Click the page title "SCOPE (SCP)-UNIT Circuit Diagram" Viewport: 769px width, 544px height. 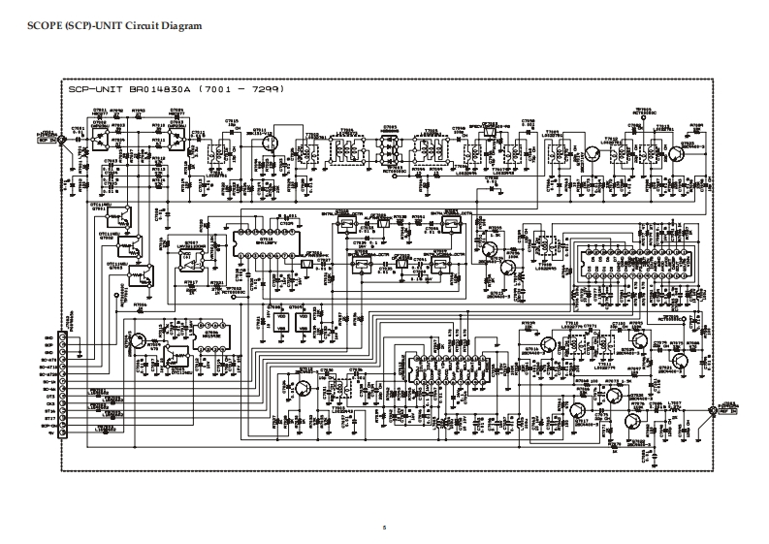(107, 26)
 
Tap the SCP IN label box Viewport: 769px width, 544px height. (47, 139)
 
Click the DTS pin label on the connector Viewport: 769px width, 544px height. (48, 396)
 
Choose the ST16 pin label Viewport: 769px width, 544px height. (48, 411)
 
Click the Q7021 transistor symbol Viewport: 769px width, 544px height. (588, 153)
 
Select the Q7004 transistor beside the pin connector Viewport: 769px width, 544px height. (141, 341)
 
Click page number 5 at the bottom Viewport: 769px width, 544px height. (385, 527)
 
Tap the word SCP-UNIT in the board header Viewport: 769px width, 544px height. (90, 90)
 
